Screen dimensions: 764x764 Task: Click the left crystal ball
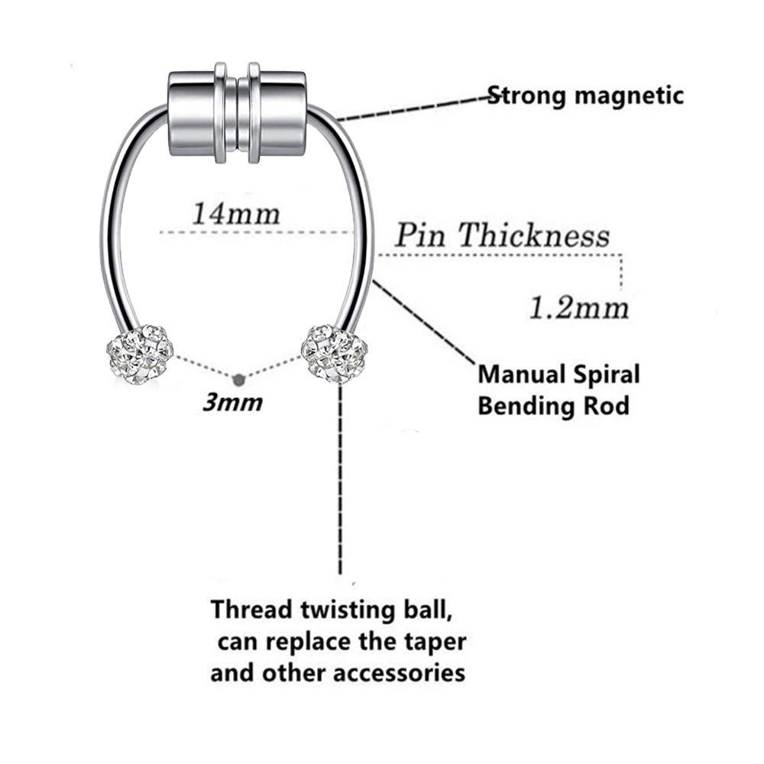click(139, 354)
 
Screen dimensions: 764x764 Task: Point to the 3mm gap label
click(232, 403)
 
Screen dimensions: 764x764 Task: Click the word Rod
click(608, 405)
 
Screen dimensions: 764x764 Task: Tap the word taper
click(435, 642)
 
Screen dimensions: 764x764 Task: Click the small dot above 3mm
click(238, 377)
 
